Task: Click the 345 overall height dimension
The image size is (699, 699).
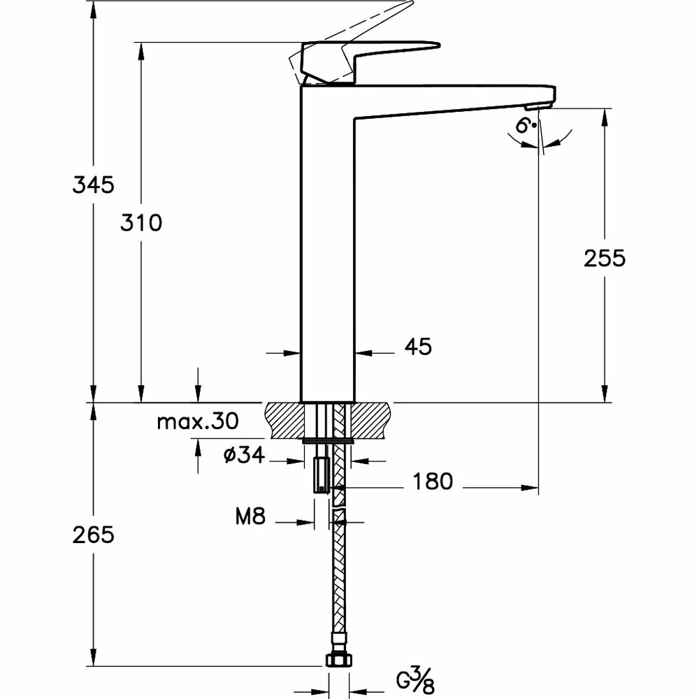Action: (x=93, y=185)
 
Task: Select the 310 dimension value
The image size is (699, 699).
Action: (x=140, y=223)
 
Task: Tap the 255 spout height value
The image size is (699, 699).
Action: (x=604, y=258)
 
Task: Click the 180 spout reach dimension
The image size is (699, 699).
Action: (x=432, y=481)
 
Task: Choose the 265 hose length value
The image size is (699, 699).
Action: (x=93, y=535)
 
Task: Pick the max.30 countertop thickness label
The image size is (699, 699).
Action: (x=198, y=421)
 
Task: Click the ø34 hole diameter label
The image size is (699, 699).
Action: (x=243, y=456)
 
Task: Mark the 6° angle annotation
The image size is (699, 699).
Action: (x=526, y=126)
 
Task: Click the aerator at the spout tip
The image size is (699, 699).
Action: (x=536, y=106)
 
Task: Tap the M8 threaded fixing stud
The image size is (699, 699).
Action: (x=322, y=475)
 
